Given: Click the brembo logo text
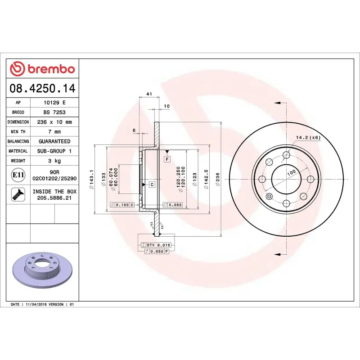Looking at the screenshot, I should pyautogui.click(x=51, y=69).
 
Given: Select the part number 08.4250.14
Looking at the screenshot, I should pyautogui.click(x=42, y=89).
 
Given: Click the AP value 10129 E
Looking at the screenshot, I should pyautogui.click(x=54, y=103).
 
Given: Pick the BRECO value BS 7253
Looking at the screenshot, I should pyautogui.click(x=54, y=112).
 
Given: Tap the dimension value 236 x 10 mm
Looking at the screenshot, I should pyautogui.click(x=54, y=122).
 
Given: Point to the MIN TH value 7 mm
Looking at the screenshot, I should pyautogui.click(x=54, y=132).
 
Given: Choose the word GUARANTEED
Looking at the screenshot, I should pyautogui.click(x=54, y=141).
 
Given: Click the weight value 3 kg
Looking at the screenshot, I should pyautogui.click(x=54, y=161).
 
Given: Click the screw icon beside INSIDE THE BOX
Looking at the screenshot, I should pyautogui.click(x=18, y=194).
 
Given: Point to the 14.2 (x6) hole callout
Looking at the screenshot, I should pyautogui.click(x=308, y=137).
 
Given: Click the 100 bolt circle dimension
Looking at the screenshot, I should pyautogui.click(x=291, y=172).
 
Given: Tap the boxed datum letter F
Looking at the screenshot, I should pyautogui.click(x=167, y=159).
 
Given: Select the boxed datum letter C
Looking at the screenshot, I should pyautogui.click(x=152, y=184).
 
